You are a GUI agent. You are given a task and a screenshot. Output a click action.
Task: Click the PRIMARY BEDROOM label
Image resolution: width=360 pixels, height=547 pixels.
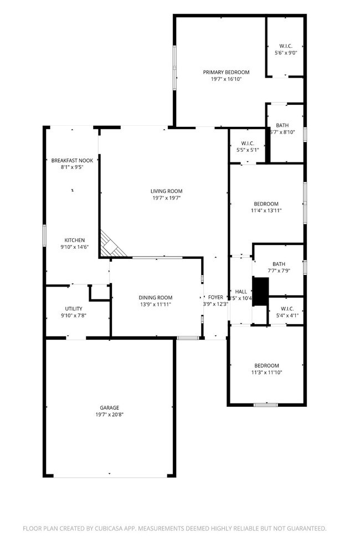click(x=226, y=72)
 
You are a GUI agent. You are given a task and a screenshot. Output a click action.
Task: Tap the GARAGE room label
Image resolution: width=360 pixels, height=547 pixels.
click(x=110, y=407)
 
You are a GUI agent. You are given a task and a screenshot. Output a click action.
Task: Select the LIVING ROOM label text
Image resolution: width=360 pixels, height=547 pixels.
click(x=166, y=191)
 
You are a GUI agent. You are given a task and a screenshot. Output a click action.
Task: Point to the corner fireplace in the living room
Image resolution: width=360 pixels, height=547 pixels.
click(x=111, y=247)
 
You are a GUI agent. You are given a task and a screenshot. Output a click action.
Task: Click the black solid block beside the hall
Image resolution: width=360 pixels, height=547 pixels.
click(x=260, y=289)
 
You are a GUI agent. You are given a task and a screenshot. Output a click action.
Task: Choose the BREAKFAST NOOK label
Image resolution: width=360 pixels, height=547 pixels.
click(x=73, y=160)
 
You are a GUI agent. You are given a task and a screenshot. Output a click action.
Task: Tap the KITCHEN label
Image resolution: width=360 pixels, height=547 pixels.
click(x=74, y=240)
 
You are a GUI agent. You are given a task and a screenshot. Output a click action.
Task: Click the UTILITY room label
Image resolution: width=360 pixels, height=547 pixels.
click(x=74, y=308)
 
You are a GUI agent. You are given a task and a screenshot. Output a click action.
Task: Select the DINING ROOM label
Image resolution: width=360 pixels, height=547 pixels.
click(x=156, y=297)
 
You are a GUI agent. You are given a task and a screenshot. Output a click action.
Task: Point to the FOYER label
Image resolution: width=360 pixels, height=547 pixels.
click(x=215, y=297)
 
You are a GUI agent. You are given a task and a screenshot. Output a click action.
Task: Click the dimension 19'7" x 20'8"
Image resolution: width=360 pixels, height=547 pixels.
click(x=110, y=415)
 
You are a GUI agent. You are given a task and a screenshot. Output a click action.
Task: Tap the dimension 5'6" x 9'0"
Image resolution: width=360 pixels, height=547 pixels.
click(x=286, y=53)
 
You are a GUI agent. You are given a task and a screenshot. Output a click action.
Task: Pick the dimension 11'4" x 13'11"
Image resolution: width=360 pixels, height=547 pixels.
click(x=266, y=211)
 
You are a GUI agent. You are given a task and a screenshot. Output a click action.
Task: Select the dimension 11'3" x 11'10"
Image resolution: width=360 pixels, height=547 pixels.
click(x=266, y=372)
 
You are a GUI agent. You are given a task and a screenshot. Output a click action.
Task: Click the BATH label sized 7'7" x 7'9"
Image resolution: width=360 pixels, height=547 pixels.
click(x=278, y=264)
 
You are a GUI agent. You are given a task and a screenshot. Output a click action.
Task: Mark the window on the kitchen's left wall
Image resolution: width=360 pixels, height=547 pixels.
click(x=45, y=234)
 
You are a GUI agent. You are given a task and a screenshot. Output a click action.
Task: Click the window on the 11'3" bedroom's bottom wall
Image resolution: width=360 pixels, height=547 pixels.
click(x=265, y=405)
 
